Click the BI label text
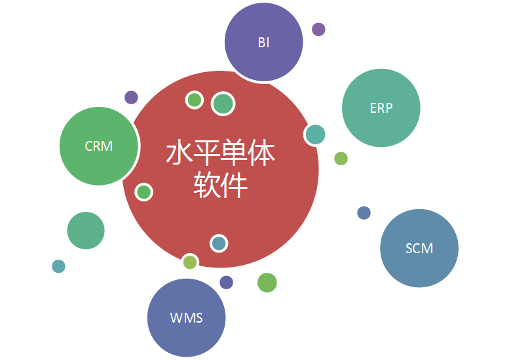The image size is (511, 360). point(263,43)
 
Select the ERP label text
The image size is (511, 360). point(381,108)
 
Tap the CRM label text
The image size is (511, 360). point(99,146)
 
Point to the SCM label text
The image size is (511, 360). point(419,249)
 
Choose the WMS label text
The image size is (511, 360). point(187,317)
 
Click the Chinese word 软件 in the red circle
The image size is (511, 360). point(221,185)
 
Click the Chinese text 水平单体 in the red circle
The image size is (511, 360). point(221,152)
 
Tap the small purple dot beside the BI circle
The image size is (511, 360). point(318,30)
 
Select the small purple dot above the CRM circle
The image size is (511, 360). point(131,98)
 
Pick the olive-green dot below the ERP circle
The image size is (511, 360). point(341,159)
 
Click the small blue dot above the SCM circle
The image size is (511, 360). point(364,213)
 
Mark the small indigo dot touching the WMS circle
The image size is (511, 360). point(226,283)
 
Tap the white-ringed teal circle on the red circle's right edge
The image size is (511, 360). point(315,134)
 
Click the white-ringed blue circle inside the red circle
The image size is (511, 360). point(219,243)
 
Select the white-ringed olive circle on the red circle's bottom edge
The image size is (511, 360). point(190,262)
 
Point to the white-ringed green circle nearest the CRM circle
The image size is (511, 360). point(143,192)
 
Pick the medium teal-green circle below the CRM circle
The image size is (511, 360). point(86,231)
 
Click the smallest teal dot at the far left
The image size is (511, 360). point(59,266)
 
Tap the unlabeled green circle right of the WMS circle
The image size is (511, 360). point(267,283)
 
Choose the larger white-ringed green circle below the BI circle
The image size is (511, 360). point(223,104)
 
